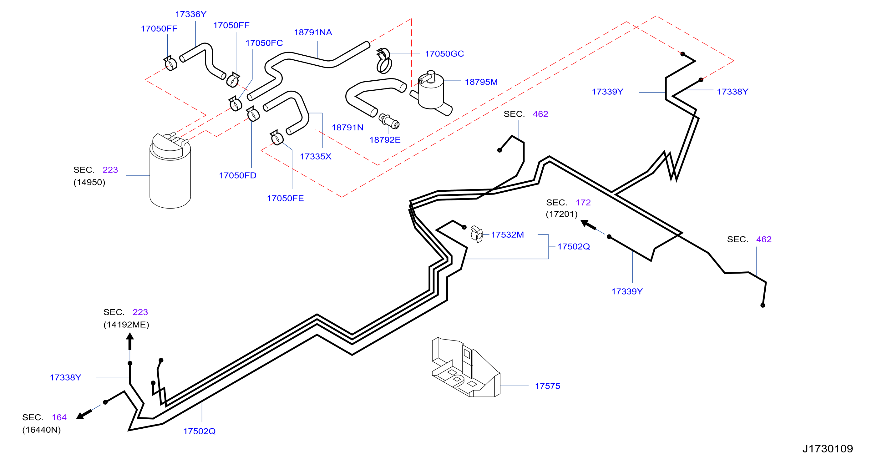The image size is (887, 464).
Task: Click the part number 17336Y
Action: [x=191, y=14]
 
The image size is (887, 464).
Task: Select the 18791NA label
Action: [x=313, y=32]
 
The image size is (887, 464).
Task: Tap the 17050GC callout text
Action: [x=444, y=54]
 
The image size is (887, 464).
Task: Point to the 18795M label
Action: [x=481, y=82]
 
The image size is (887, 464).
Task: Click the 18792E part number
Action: [x=385, y=140]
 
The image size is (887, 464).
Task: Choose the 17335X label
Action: [x=315, y=157]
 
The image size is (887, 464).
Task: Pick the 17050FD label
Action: [x=238, y=175]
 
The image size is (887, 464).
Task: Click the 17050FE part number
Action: [x=285, y=198]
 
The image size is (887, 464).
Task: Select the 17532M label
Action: [x=507, y=235]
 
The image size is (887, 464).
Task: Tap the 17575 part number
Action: [x=547, y=386]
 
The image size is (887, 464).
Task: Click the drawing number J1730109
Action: [x=828, y=448]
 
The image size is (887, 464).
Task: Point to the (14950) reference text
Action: [x=89, y=182]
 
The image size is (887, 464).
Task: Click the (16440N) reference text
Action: [x=42, y=430]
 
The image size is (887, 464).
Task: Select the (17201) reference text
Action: [x=562, y=214]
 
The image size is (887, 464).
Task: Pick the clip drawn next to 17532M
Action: [x=477, y=234]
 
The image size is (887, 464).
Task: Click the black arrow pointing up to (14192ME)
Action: [x=130, y=342]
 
